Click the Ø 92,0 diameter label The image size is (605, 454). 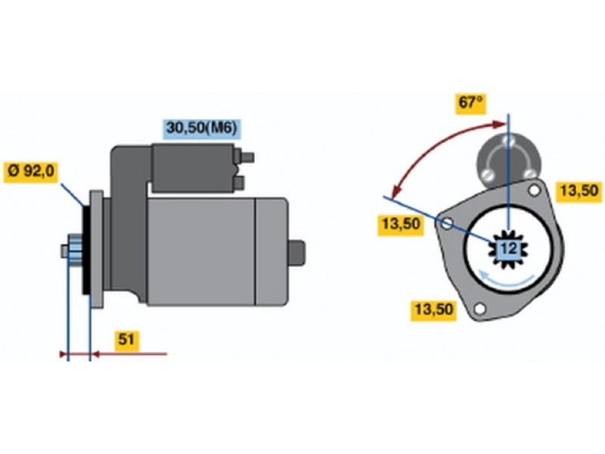(x=31, y=172)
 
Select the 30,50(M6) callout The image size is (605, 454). (x=201, y=128)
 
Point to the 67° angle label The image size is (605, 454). (x=470, y=104)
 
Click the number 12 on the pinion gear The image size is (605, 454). (x=508, y=249)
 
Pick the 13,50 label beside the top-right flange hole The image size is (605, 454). (x=579, y=191)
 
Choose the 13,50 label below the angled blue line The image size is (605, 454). (x=401, y=224)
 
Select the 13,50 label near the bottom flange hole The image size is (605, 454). (x=433, y=310)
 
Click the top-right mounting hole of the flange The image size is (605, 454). (x=535, y=190)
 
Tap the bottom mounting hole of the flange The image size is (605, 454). (x=479, y=309)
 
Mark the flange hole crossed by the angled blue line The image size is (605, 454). (x=447, y=223)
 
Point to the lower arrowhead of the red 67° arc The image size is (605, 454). (x=395, y=192)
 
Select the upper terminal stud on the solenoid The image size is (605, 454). (x=247, y=157)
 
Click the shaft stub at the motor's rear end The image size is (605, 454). (x=296, y=253)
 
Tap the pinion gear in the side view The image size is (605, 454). (x=75, y=250)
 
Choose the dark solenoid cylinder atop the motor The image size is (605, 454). (x=193, y=168)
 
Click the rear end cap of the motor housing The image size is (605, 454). (x=271, y=252)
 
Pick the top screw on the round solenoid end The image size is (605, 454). (x=508, y=141)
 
